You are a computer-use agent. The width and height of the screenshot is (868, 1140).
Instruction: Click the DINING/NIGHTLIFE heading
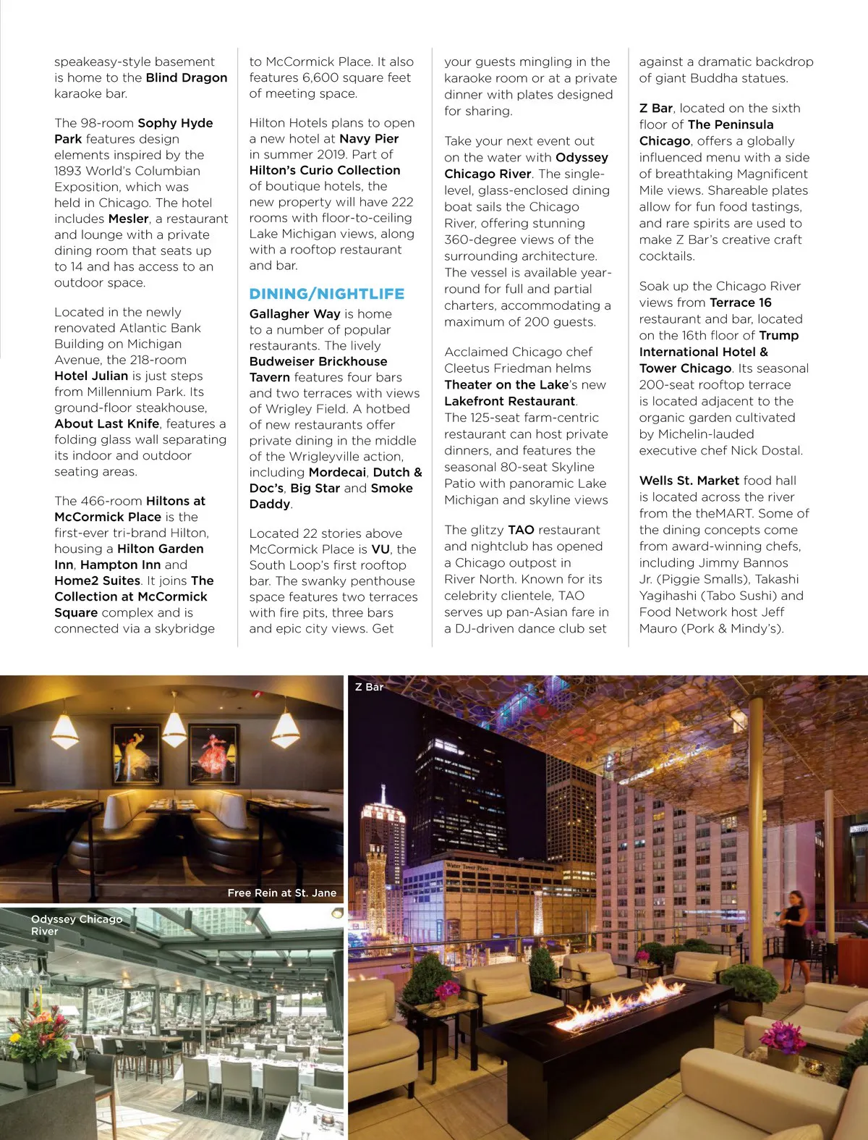(x=326, y=294)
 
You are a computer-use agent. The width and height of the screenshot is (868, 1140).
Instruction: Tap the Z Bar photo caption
(x=369, y=687)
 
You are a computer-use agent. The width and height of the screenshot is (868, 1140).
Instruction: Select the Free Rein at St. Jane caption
(x=281, y=892)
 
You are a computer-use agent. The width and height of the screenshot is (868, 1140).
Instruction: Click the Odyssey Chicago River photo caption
(x=76, y=925)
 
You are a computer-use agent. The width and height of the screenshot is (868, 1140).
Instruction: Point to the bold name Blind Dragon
(x=187, y=77)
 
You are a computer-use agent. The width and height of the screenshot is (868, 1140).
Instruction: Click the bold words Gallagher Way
(x=294, y=313)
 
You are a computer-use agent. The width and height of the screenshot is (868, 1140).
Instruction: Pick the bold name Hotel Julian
(x=91, y=376)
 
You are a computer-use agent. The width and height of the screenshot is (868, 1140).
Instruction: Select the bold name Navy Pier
(x=369, y=138)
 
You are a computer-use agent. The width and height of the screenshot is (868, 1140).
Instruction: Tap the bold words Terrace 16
(x=741, y=303)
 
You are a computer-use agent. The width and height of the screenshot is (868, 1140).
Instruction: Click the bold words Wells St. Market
(x=689, y=480)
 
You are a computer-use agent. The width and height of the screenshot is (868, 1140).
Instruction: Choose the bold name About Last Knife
(x=107, y=423)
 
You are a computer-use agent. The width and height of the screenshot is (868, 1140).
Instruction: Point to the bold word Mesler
(x=129, y=219)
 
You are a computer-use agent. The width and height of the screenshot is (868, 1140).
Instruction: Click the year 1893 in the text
(x=71, y=171)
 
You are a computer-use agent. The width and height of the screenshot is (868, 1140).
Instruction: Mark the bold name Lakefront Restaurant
(x=510, y=401)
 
